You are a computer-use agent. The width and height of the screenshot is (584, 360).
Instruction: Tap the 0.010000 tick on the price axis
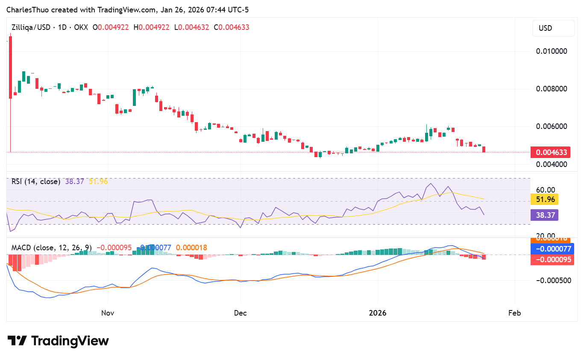coord(552,51)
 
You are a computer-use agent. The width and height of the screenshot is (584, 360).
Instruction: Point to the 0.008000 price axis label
coord(552,89)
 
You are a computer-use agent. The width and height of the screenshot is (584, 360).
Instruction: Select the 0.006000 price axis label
coord(552,126)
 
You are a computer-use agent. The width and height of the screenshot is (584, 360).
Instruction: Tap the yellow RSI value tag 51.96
coord(545,199)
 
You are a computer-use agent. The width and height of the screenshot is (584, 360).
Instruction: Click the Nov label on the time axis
coord(108,313)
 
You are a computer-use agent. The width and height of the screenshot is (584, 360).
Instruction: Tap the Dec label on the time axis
coord(241,313)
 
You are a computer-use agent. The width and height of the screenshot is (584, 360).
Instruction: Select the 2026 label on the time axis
coord(378,313)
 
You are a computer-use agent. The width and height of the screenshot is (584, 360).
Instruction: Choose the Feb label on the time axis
coord(515,313)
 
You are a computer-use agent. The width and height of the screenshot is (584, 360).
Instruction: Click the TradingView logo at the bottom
coord(59,341)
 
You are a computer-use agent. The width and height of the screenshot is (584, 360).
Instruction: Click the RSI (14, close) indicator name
coord(36,181)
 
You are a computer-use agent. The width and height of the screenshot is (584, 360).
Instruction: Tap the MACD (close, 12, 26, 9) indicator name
coord(51,248)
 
